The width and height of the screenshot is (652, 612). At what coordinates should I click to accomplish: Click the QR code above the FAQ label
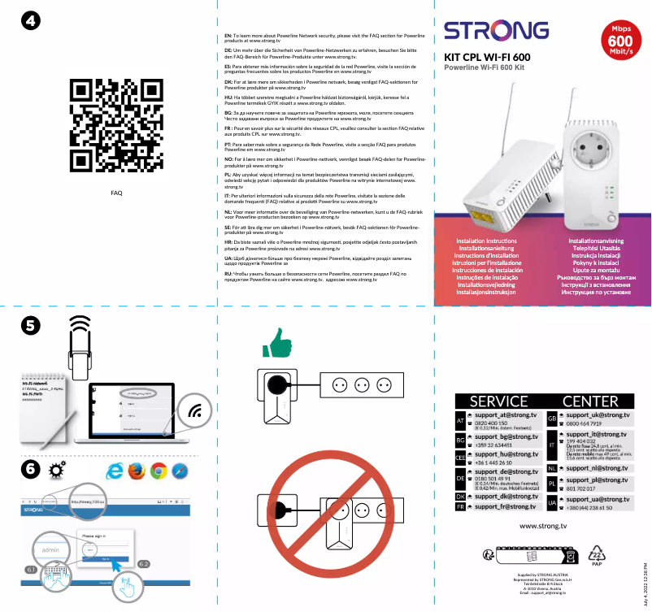[x=116, y=127]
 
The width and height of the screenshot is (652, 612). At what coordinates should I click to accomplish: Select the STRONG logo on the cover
[x=496, y=31]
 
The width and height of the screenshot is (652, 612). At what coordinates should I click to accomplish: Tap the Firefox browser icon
[x=136, y=471]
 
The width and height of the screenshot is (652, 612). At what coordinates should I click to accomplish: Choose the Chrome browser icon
[x=158, y=471]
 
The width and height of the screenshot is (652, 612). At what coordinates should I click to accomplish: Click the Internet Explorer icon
[x=114, y=471]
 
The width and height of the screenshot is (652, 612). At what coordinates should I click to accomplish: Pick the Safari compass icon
[x=180, y=471]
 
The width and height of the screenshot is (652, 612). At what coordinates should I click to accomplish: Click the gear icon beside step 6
[x=57, y=470]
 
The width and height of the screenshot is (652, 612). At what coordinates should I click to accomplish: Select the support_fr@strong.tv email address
[x=505, y=506]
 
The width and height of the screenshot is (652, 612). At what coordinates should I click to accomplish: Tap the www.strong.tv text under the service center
[x=542, y=527]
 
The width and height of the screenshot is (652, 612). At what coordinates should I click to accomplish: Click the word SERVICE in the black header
[x=498, y=401]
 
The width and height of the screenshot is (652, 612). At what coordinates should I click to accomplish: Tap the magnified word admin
[x=51, y=550]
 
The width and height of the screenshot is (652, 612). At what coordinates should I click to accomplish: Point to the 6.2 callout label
[x=144, y=562]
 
